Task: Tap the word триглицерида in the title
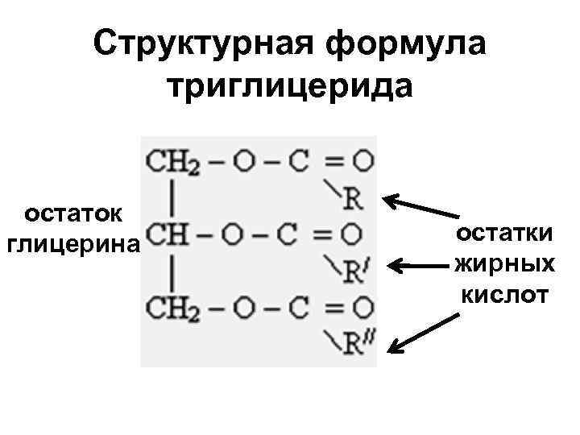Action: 290,86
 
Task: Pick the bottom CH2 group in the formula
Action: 172,307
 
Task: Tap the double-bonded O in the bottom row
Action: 363,307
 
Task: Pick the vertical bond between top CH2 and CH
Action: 172,197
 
